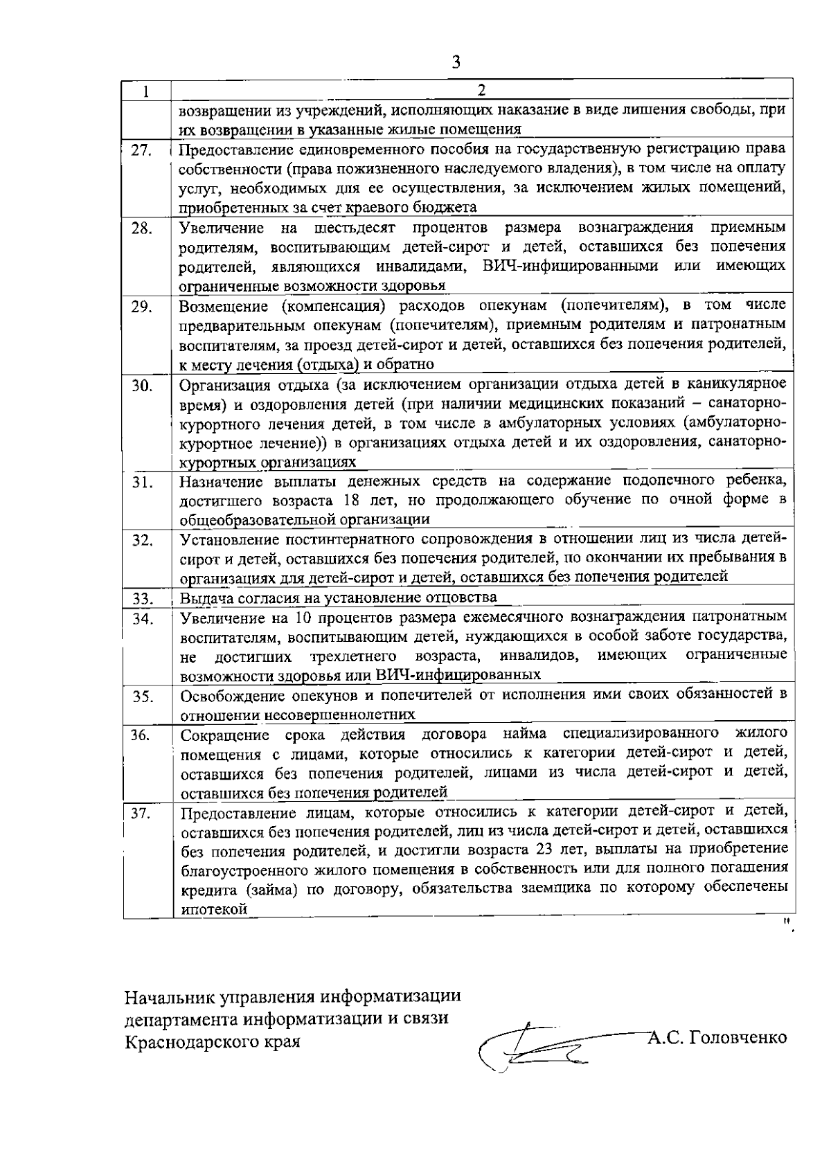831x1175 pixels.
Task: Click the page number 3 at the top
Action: pyautogui.click(x=456, y=62)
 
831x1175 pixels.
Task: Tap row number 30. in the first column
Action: pyautogui.click(x=141, y=386)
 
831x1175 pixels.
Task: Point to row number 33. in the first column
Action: pyautogui.click(x=142, y=598)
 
